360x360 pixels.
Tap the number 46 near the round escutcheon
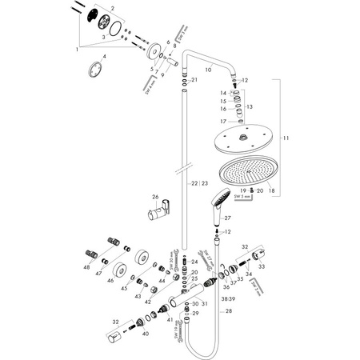point(110,279)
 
